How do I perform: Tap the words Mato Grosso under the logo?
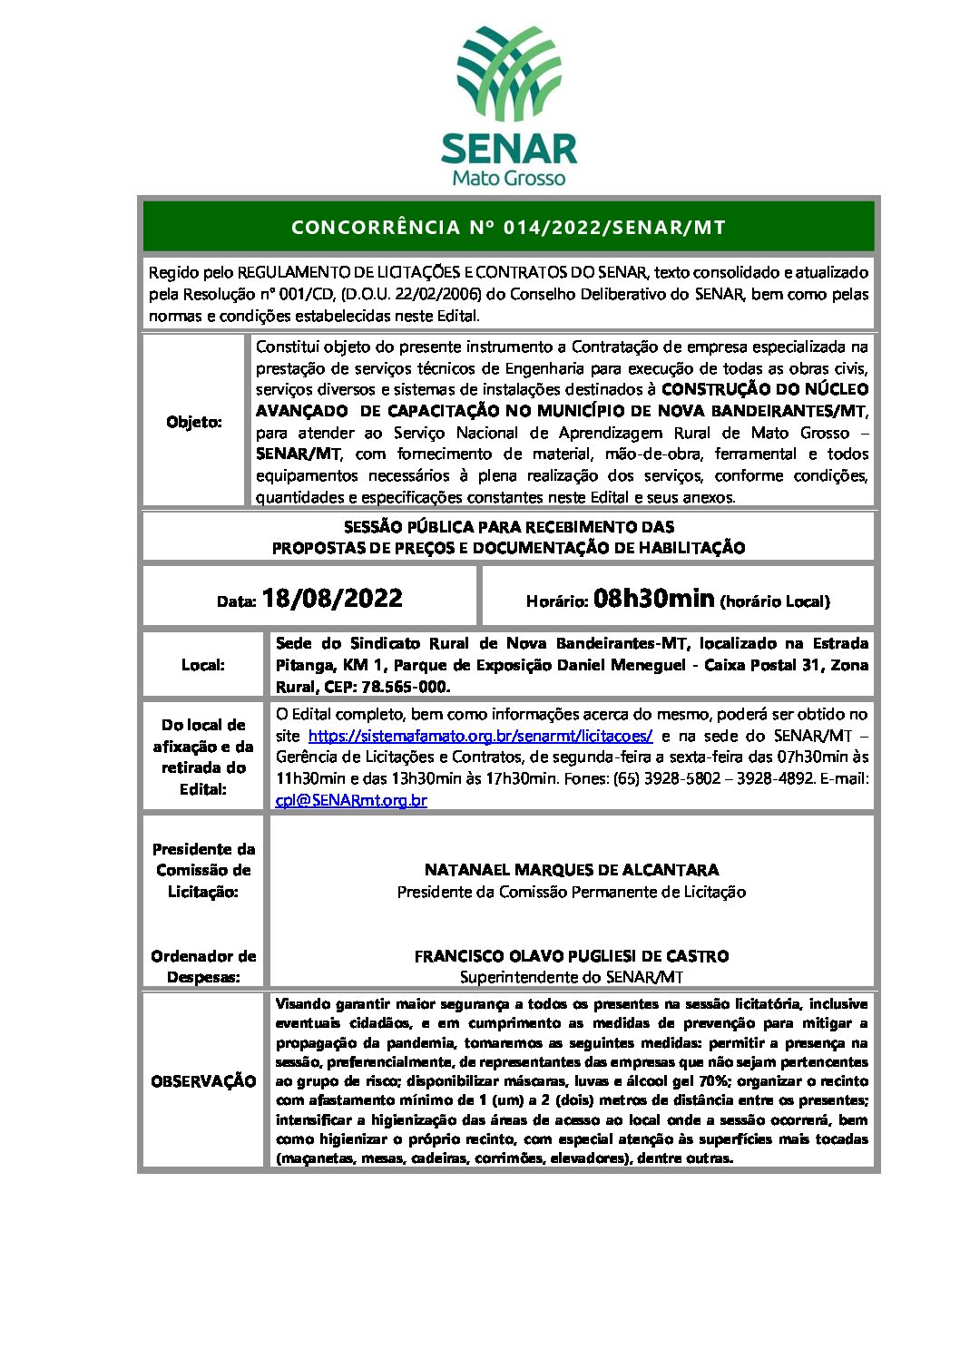tap(508, 178)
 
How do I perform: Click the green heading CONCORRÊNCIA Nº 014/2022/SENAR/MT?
tap(508, 227)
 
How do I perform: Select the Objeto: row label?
tap(194, 422)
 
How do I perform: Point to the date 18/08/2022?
tap(332, 599)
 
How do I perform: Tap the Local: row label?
tap(203, 665)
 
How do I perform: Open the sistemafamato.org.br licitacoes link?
tap(480, 736)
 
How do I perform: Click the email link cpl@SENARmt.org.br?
tap(351, 800)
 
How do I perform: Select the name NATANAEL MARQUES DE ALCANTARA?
tap(572, 870)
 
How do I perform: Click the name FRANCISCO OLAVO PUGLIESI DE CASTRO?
tap(572, 956)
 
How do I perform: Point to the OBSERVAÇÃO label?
tap(203, 1081)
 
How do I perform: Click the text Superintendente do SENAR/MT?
tap(572, 977)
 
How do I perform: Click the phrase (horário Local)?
tap(775, 601)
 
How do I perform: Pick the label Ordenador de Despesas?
tap(203, 966)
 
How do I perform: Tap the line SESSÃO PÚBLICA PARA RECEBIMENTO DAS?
tap(508, 527)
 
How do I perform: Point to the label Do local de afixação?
tap(203, 736)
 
